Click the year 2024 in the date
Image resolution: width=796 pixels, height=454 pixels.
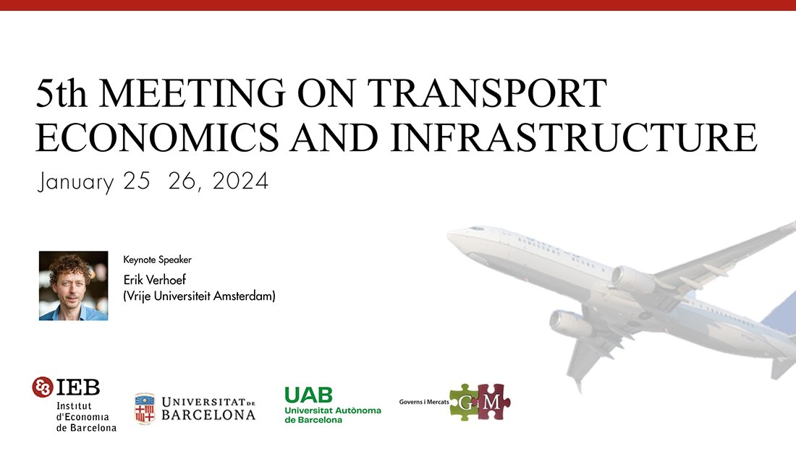(240, 181)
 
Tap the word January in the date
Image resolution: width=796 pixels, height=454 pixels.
(75, 182)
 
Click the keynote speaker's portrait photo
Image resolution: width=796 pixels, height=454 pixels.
(73, 286)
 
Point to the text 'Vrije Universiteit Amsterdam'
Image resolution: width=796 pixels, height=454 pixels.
(200, 296)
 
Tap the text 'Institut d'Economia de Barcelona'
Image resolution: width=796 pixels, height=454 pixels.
(86, 416)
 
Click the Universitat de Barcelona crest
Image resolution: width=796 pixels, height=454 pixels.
(145, 408)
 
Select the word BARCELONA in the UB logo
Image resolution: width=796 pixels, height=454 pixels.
(208, 415)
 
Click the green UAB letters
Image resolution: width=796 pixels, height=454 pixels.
(308, 394)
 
